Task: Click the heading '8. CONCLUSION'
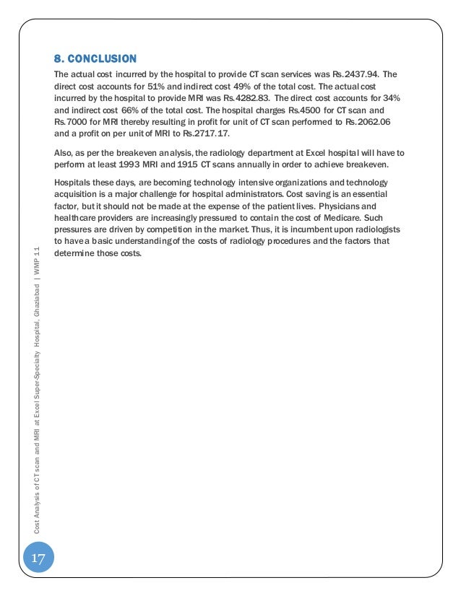pos(95,58)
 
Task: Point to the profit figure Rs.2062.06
pos(369,119)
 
